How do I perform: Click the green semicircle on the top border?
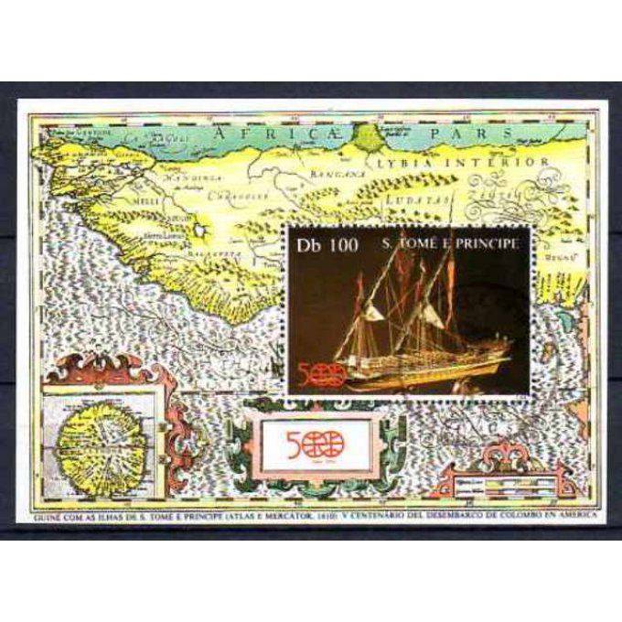[x=370, y=137]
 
